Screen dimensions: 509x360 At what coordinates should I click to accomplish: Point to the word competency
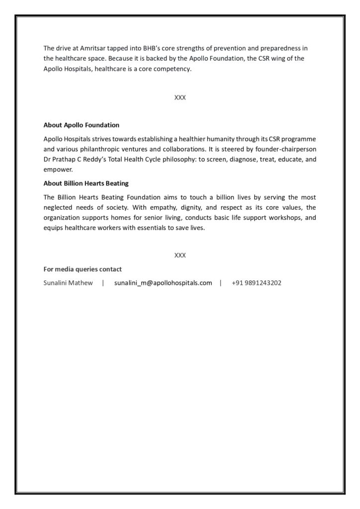tap(172, 69)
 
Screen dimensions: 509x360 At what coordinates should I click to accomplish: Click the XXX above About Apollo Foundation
tap(180, 98)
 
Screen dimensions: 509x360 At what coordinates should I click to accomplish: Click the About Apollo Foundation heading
tap(82, 125)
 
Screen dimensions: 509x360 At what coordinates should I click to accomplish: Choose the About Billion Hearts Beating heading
tap(86, 183)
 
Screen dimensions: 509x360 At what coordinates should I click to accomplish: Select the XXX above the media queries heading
tap(180, 255)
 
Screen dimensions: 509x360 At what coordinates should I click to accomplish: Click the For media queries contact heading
tap(83, 269)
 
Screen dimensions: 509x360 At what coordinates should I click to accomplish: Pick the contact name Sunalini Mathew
tap(68, 283)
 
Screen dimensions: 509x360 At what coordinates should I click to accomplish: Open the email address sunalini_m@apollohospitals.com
tap(163, 283)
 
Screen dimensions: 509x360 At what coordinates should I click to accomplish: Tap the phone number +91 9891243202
tap(257, 283)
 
